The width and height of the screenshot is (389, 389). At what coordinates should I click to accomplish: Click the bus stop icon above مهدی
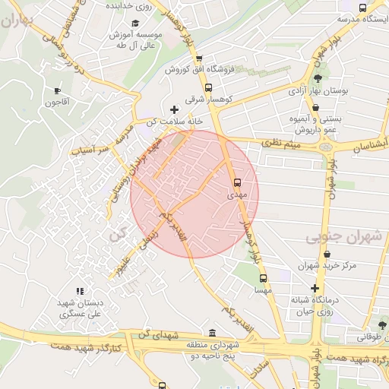coord(237,182)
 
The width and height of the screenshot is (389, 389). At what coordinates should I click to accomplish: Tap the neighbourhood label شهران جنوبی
coord(343,238)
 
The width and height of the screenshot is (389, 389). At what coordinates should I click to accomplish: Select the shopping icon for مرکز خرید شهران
coord(327,254)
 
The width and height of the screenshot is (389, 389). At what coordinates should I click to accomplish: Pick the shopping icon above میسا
coord(263,277)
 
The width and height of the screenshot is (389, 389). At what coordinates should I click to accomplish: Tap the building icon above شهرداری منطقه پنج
coord(210,334)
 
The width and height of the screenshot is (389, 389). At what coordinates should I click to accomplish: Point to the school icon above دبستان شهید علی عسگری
coord(79,291)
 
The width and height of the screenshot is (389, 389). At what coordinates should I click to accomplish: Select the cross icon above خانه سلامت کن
coord(174,110)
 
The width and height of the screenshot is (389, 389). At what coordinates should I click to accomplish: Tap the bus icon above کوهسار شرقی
coord(209,87)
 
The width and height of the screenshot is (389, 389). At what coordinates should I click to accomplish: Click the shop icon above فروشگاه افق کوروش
coord(199,59)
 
